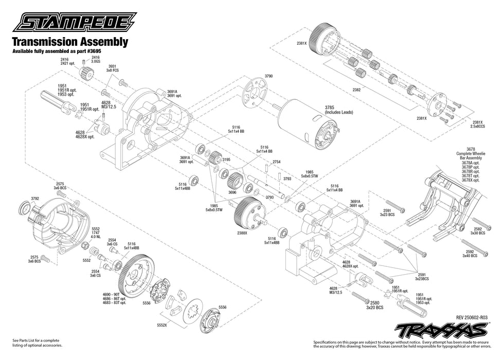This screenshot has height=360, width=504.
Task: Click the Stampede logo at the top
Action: pos(75,23)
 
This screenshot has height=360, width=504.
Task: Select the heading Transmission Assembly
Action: pos(69,42)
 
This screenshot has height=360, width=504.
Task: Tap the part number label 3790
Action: pos(268,76)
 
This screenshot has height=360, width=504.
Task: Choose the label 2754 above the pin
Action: pos(277,161)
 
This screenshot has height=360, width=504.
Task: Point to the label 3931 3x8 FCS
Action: pos(112,67)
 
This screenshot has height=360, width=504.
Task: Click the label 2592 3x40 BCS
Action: pos(470,253)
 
